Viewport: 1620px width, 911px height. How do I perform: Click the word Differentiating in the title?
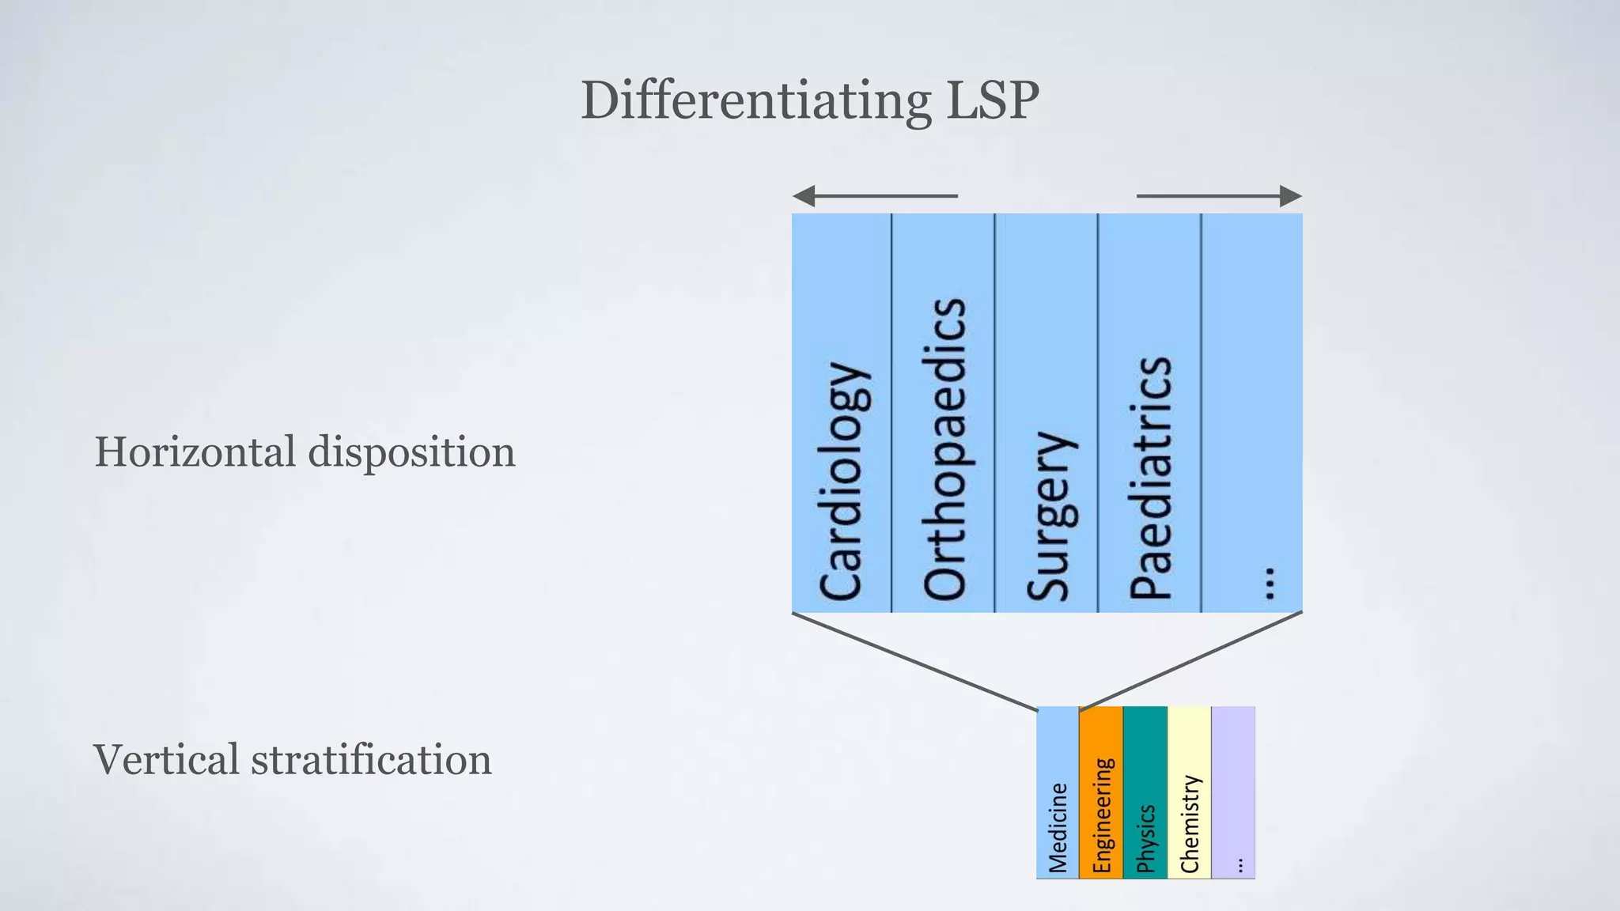755,101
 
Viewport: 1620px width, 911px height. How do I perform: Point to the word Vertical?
166,759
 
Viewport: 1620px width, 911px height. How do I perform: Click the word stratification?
371,760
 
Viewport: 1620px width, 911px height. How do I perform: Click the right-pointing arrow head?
1290,196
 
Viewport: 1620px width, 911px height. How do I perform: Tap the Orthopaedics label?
944,449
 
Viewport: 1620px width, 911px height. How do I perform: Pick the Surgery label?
1049,516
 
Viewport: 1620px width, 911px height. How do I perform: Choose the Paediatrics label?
1151,478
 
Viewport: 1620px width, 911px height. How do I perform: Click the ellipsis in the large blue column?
1269,583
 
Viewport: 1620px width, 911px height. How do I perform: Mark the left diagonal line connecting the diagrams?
914,661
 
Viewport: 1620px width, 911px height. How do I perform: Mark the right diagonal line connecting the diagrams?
1191,661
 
